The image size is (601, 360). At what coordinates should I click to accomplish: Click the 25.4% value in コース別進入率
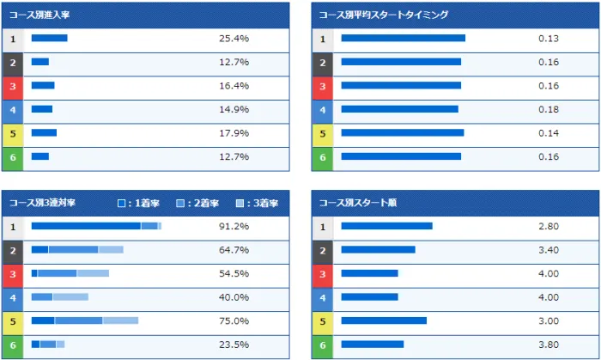click(234, 39)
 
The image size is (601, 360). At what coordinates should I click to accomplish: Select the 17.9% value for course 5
click(234, 133)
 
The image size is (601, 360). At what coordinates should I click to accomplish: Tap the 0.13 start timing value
click(549, 39)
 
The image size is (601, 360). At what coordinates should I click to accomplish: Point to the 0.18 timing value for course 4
click(549, 110)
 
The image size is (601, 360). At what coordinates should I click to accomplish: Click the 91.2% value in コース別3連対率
click(234, 227)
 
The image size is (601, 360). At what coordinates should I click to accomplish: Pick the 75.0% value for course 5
click(234, 321)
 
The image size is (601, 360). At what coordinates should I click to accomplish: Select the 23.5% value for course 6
click(234, 345)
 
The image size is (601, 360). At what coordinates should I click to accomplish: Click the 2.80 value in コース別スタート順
click(549, 227)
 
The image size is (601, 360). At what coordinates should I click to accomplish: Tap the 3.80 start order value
click(549, 345)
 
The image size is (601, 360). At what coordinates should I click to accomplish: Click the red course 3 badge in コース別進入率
click(13, 86)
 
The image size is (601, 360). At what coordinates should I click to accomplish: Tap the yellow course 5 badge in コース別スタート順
click(322, 321)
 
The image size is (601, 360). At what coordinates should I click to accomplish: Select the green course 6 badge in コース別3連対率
click(13, 345)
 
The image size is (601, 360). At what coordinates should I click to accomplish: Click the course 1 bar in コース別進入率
click(49, 39)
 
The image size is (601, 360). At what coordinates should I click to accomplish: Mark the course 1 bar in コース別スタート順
click(386, 227)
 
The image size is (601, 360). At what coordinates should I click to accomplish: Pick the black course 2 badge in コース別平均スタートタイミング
click(322, 63)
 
